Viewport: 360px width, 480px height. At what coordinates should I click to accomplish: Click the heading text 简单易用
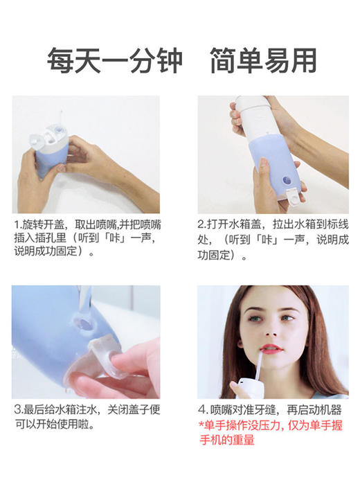[262, 61]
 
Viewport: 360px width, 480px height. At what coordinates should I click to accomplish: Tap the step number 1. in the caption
[19, 225]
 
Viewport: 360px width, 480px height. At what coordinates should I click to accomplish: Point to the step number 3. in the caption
[19, 409]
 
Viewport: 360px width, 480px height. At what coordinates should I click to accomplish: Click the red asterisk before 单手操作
[200, 425]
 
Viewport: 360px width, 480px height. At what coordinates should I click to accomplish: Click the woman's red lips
[271, 348]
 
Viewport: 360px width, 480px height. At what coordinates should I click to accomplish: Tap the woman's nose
[271, 328]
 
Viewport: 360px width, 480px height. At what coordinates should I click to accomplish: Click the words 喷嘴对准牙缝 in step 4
[245, 409]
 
